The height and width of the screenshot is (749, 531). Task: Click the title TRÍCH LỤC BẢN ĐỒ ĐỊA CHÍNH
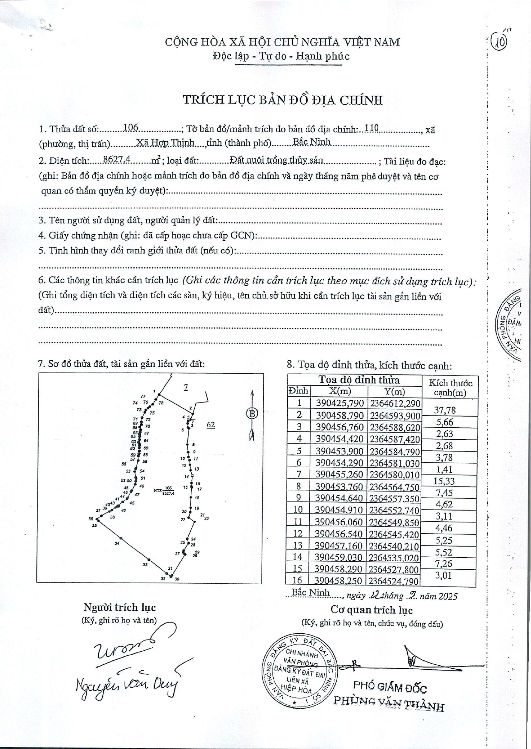coord(283,100)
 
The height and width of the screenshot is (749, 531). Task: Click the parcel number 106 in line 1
coord(130,127)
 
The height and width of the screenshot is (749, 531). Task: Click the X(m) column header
coord(340,391)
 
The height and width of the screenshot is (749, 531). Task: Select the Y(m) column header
coord(394,391)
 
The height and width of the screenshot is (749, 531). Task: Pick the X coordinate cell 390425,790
coord(340,403)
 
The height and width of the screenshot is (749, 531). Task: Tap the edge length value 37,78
coord(445,410)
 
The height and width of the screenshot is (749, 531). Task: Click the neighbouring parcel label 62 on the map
coord(211,425)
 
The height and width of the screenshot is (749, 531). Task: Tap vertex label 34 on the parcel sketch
coord(117,544)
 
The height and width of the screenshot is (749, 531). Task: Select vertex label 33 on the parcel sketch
coord(145,565)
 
